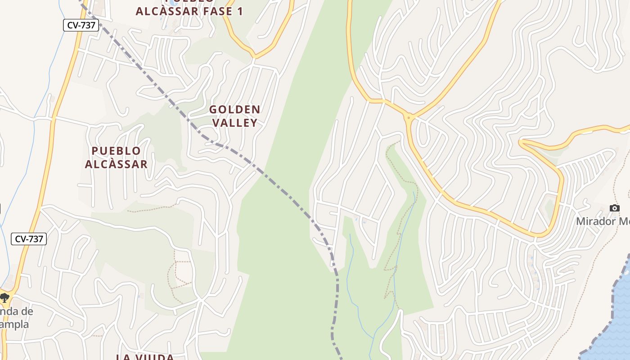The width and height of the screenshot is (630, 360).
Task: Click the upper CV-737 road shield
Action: (x=81, y=25)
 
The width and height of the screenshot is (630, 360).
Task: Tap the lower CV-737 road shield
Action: (x=29, y=239)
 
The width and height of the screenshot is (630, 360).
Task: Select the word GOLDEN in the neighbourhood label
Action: (x=234, y=109)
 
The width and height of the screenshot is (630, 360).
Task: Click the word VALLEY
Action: (x=234, y=122)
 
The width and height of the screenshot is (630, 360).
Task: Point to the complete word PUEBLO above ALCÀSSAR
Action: (x=116, y=151)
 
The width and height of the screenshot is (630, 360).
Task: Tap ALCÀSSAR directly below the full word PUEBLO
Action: (x=116, y=164)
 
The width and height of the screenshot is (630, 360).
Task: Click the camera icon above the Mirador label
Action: (x=614, y=208)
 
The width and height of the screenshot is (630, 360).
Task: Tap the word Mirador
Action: (x=596, y=221)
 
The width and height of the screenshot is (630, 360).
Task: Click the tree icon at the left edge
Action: (x=4, y=297)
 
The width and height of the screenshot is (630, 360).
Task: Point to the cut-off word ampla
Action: (x=14, y=324)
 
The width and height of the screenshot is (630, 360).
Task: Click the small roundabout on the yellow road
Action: (x=409, y=118)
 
